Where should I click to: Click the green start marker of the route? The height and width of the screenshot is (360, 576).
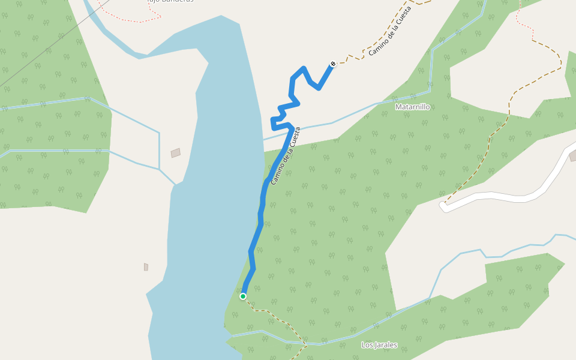tap(243, 296)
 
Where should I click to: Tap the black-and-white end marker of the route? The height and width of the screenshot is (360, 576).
tap(333, 64)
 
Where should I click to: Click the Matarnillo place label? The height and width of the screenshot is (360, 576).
tap(413, 107)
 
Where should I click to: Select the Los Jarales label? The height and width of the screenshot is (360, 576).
tap(379, 345)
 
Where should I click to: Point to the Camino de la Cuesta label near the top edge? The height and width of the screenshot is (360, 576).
tap(390, 31)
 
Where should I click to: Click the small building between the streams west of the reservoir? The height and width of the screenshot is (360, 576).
tap(175, 153)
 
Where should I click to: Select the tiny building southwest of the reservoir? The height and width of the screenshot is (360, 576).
tap(146, 266)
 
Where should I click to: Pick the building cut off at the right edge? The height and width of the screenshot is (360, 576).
tap(572, 156)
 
